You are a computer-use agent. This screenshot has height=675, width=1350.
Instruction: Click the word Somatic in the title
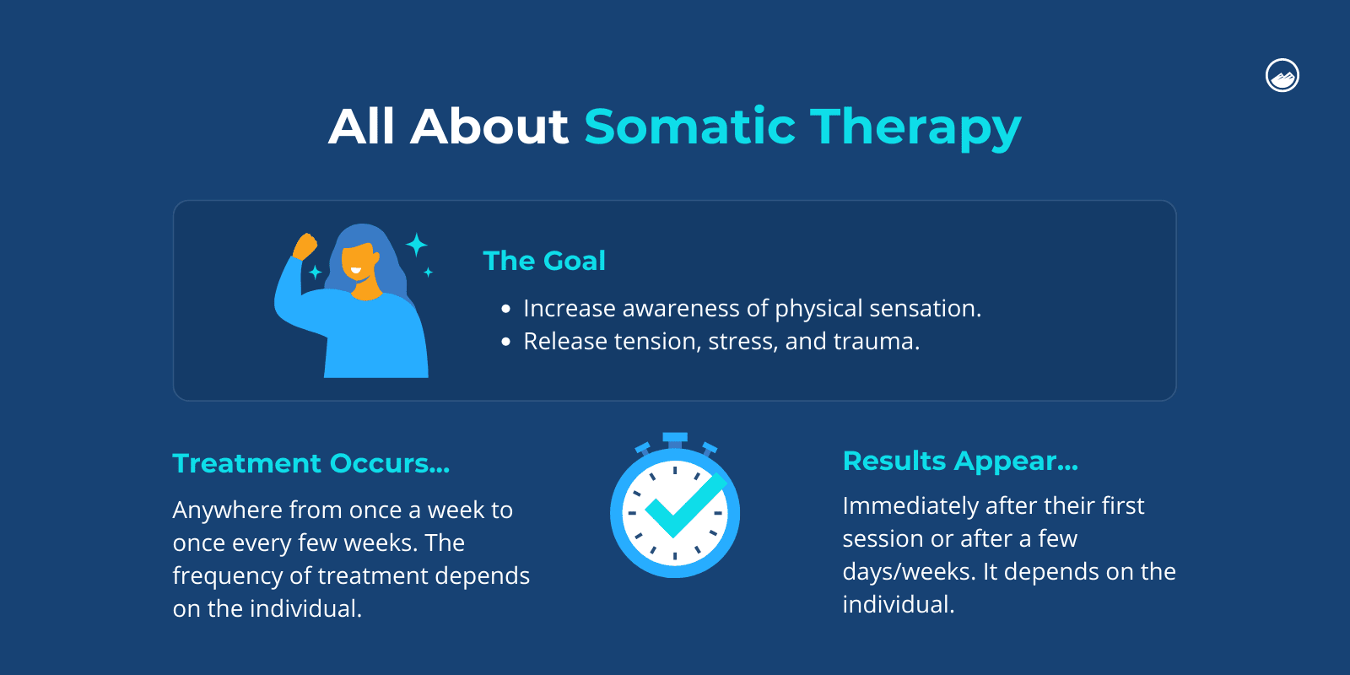coord(689,127)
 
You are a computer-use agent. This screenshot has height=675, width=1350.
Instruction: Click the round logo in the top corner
coord(1282,76)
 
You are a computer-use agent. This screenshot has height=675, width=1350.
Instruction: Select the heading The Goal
coord(544,261)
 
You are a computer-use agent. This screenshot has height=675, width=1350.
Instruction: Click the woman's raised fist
coord(305,246)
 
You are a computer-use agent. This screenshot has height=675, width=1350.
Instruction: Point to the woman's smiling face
coord(358,262)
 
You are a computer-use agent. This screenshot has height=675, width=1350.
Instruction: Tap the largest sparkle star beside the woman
coord(416,246)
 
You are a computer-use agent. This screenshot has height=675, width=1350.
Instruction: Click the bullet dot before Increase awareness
coord(505,310)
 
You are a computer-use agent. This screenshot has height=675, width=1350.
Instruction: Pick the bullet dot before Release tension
coord(505,343)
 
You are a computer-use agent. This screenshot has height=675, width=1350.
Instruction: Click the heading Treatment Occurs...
coord(310,463)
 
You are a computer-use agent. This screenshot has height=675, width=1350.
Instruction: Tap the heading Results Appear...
coord(960,461)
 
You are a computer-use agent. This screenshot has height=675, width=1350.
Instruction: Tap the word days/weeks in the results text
coord(910,572)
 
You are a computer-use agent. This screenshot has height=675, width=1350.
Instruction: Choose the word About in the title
coord(489,127)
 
